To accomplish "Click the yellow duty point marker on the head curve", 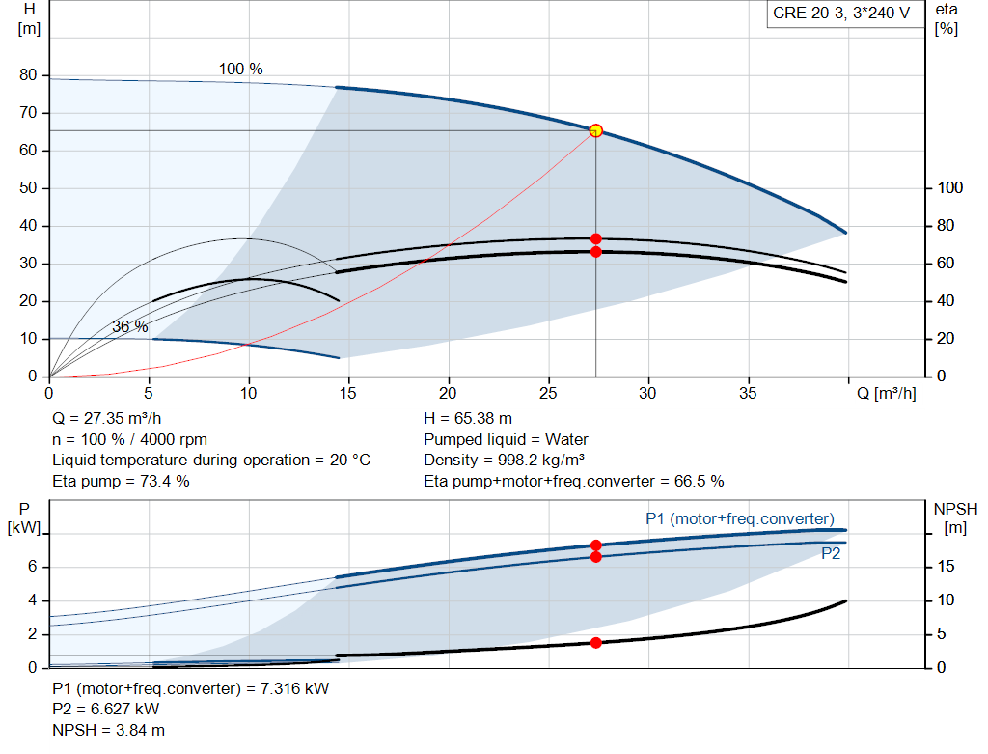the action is pos(595,130).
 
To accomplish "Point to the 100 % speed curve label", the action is pos(240,69).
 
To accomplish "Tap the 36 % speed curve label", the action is pos(130,326).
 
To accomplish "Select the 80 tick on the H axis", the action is pos(28,75).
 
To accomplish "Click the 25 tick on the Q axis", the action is pos(548,393).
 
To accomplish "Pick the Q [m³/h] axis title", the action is pos(887,393).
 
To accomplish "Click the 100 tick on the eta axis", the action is pos(950,188).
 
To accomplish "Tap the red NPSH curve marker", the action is pos(595,642).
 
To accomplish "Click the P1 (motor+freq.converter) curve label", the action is pos(740,518).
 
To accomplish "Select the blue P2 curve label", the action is pos(831,553).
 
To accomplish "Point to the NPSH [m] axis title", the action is pos(955,517).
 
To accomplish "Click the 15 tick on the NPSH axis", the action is pos(946,566).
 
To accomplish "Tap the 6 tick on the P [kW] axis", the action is pos(32,566).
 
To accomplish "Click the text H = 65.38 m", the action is pos(468,419).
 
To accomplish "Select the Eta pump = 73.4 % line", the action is pos(121,482).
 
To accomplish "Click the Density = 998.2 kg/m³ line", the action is pos(504,461).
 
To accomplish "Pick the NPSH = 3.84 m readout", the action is pos(108,730).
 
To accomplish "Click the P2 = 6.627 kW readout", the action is pos(106,710).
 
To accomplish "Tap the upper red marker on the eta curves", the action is pos(595,238).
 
